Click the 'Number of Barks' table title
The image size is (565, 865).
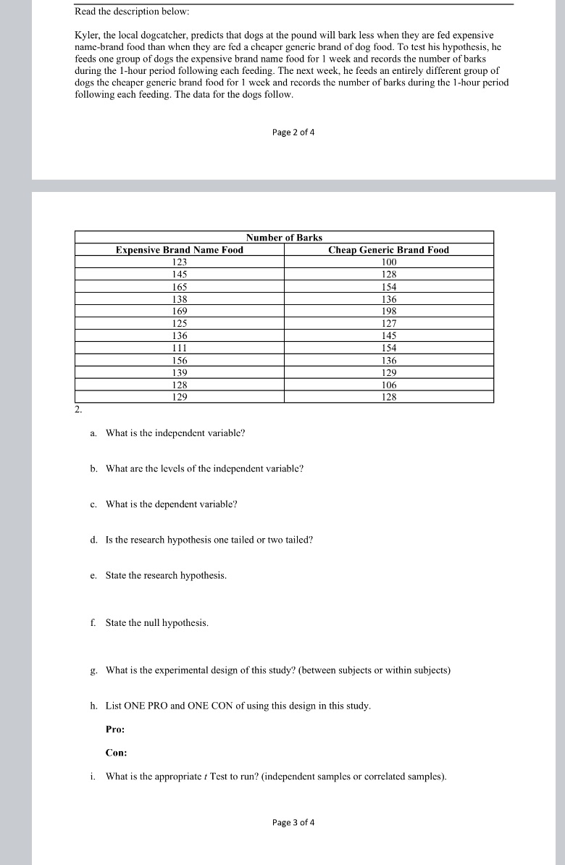coord(284,238)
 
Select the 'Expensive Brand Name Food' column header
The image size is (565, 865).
coord(180,250)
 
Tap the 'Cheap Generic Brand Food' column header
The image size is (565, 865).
coord(388,250)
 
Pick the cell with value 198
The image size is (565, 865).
coord(389,311)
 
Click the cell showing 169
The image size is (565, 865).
coord(179,311)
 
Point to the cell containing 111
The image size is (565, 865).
coord(179,348)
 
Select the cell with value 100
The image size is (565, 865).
coord(389,262)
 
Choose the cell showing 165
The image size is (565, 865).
coord(179,286)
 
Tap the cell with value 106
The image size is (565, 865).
coord(389,385)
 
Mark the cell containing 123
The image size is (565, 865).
coord(179,262)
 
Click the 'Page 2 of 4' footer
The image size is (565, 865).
coord(293,132)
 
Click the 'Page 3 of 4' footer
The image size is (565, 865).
coord(293,822)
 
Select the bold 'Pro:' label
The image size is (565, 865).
coord(115,730)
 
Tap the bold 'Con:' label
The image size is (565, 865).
coord(116,753)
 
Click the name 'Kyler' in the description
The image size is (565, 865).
coord(88,35)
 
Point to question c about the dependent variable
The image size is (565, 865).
coord(171,504)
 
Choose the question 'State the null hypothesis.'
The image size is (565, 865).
coord(156,622)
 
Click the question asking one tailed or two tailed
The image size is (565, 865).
coord(209,540)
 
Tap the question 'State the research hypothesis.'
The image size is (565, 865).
coord(166,575)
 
